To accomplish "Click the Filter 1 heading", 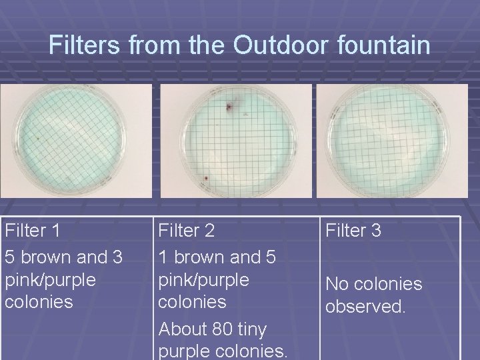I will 33,231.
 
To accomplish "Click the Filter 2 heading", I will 186,231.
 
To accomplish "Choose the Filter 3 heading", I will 353,231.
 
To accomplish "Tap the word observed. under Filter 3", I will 365,307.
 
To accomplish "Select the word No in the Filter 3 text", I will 337,284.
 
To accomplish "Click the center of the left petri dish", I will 69,141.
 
